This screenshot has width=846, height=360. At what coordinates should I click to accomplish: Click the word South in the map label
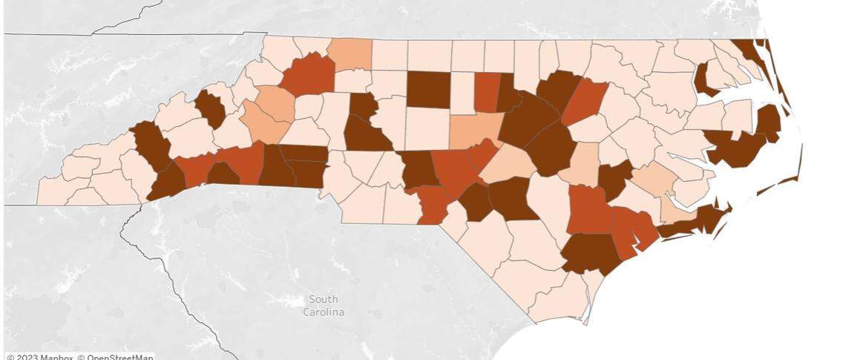point(324,299)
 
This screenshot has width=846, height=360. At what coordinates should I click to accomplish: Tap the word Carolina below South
point(324,312)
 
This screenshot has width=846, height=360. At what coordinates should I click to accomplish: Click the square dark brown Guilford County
point(428,90)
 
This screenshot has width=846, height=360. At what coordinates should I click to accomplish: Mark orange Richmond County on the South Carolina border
point(432,205)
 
